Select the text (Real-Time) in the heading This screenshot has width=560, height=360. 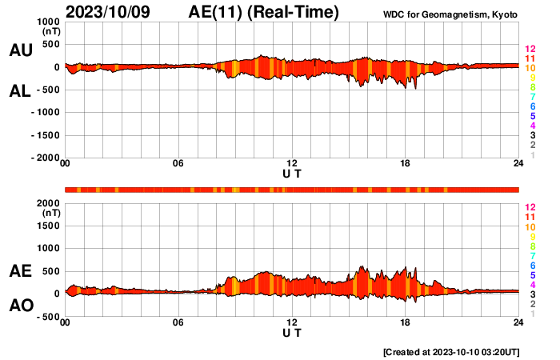[294, 12]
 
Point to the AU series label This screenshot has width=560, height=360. [20, 50]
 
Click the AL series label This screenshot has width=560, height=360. [20, 91]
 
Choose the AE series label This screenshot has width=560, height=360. [20, 271]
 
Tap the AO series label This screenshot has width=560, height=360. [20, 306]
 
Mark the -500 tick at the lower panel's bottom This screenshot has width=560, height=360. [48, 317]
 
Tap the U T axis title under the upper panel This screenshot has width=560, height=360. [292, 174]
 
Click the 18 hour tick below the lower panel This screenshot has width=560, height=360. [406, 322]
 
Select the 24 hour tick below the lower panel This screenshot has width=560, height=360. [518, 322]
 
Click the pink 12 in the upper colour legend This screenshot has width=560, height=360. [529, 50]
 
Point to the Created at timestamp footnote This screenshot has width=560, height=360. [452, 352]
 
